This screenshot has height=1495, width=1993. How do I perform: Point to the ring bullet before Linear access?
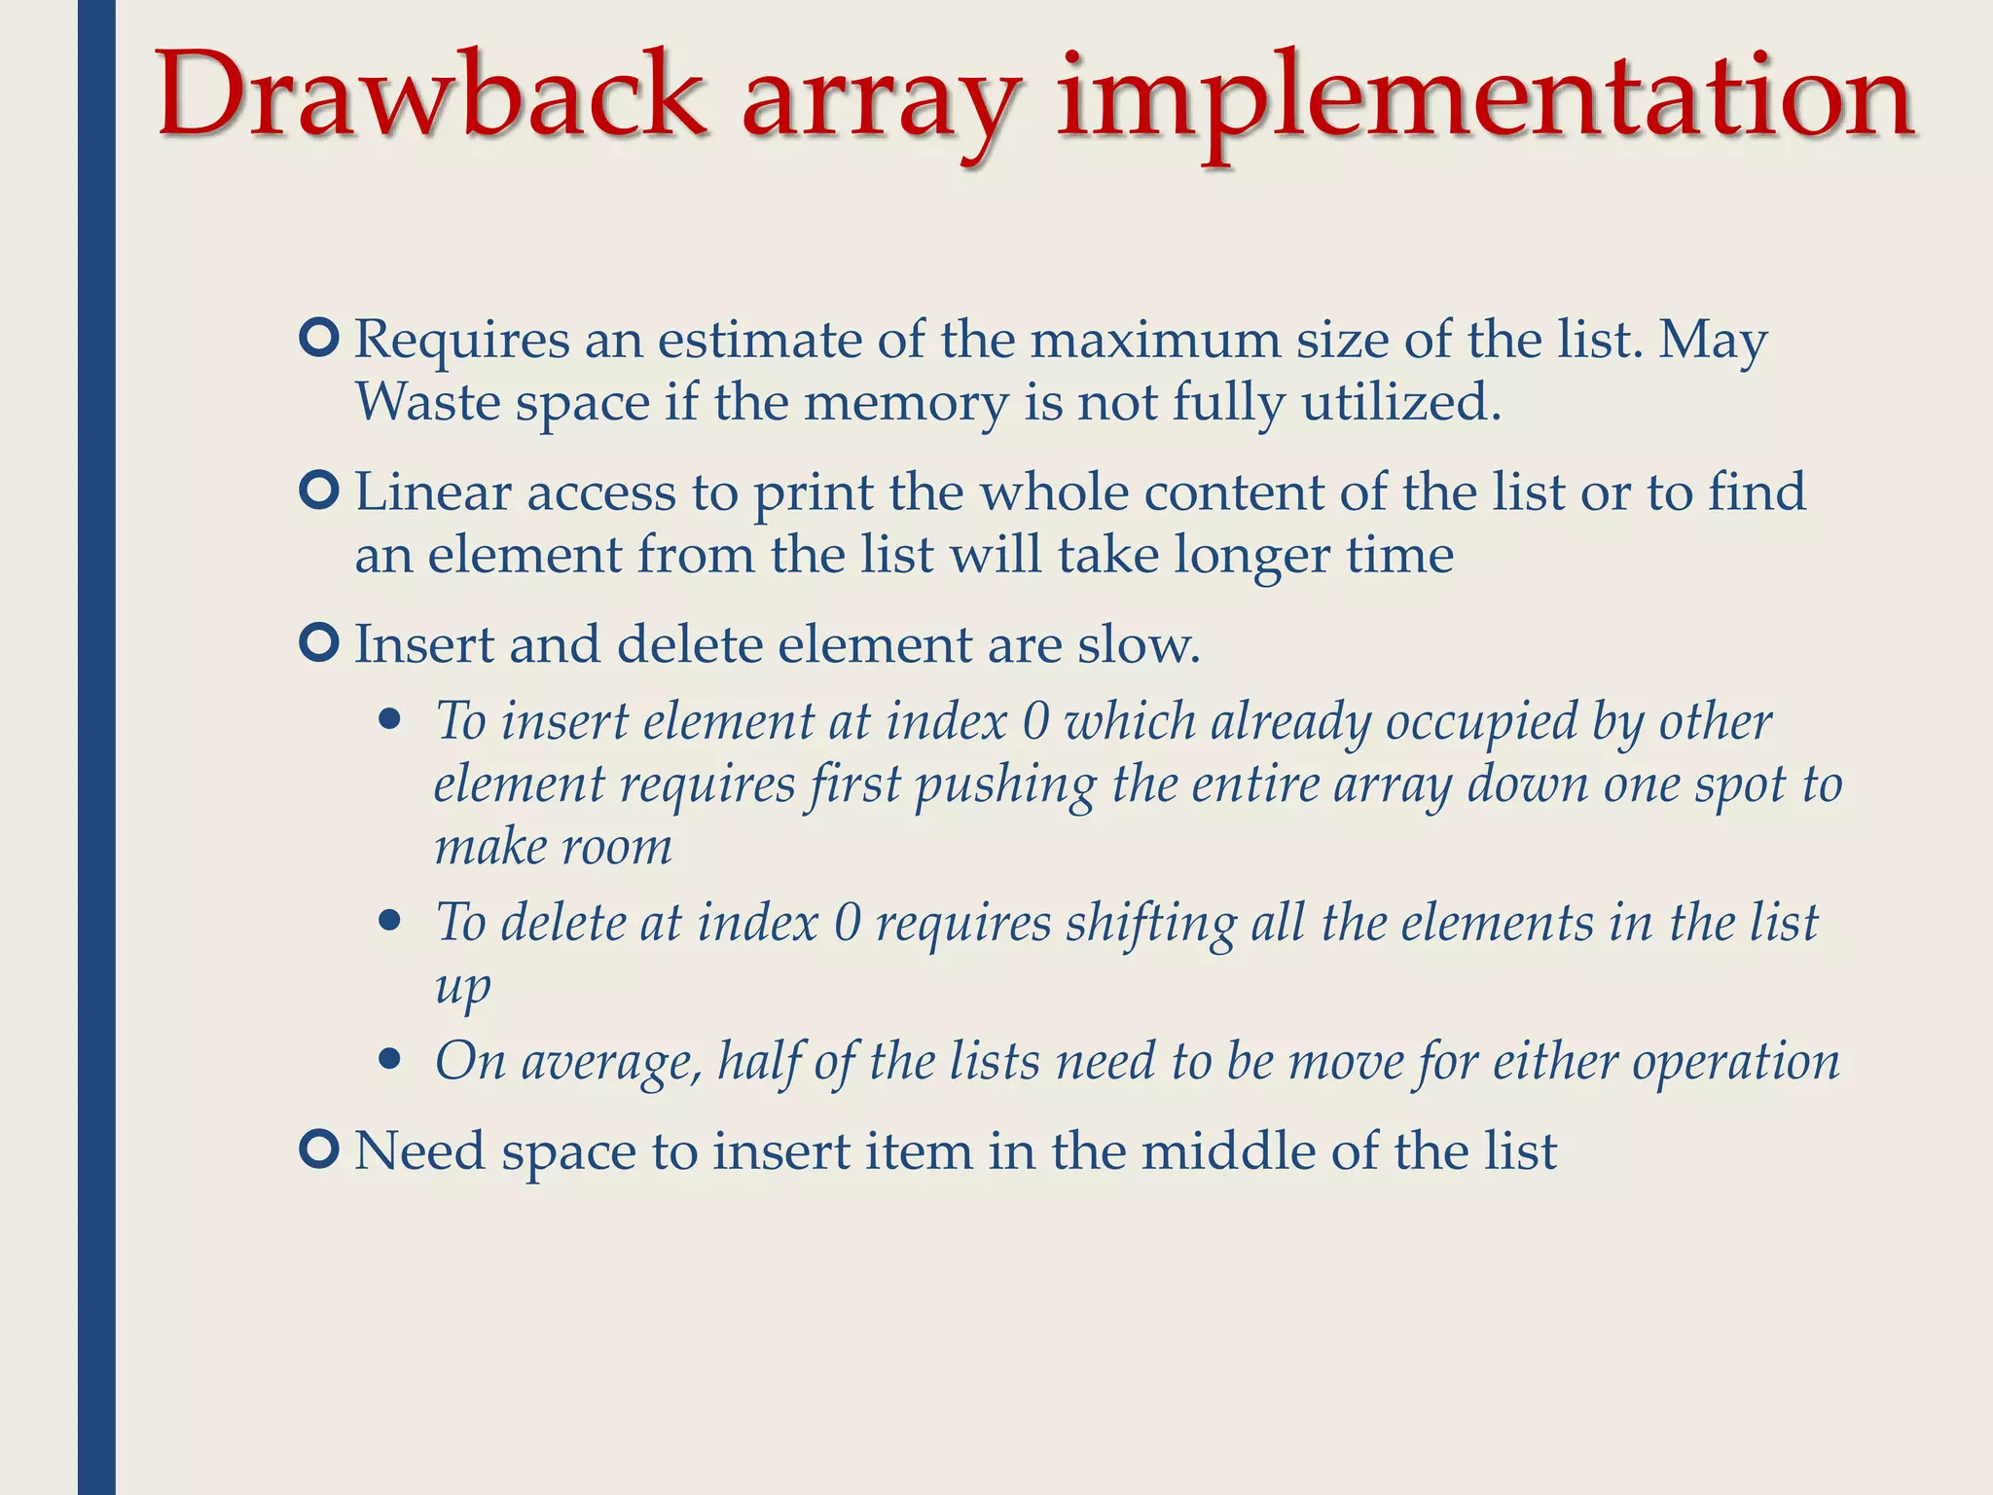[x=319, y=491]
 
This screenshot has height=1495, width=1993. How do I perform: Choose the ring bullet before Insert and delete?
[x=319, y=642]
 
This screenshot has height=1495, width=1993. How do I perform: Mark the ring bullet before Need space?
[x=319, y=1149]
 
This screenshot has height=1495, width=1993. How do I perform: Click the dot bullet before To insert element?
[x=390, y=721]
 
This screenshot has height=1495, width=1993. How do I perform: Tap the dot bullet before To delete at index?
[x=390, y=921]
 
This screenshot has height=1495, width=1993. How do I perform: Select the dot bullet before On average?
[x=390, y=1059]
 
